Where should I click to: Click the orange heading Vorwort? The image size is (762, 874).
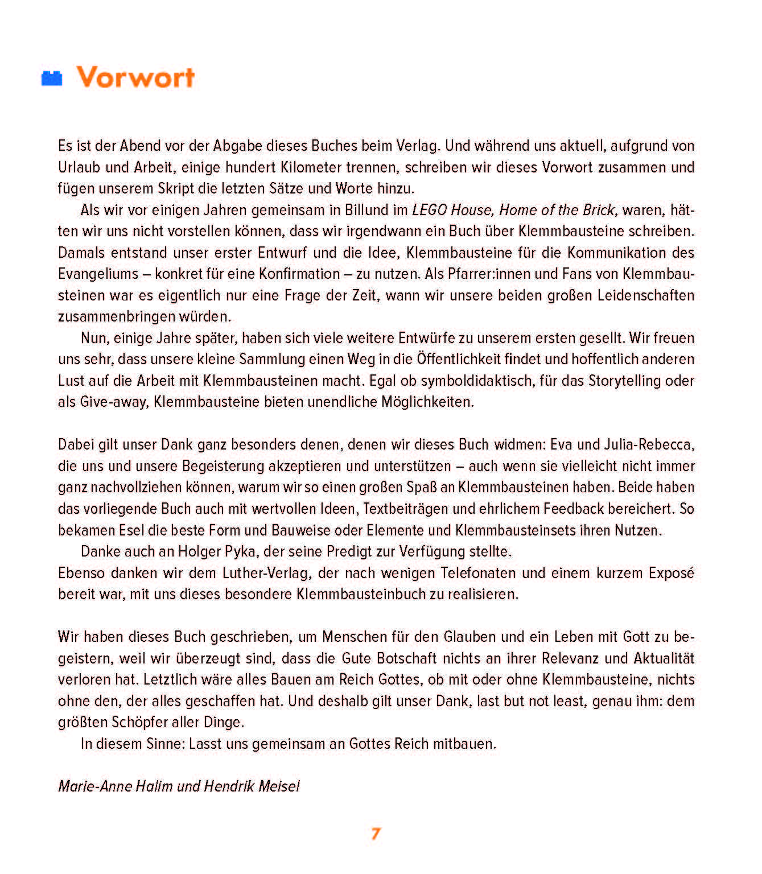[135, 77]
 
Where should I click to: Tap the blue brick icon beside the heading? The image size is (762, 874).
[52, 79]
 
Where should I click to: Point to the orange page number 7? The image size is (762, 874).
[376, 834]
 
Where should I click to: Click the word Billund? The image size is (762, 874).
[367, 210]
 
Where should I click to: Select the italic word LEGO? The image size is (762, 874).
[429, 210]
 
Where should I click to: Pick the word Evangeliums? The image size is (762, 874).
[98, 274]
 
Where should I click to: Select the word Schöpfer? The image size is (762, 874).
[136, 722]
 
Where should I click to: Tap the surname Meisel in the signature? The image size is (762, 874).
[279, 786]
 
